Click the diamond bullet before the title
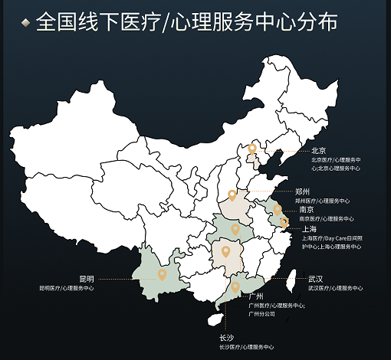click(26, 23)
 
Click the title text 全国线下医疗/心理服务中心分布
click(186, 22)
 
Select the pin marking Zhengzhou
click(232, 195)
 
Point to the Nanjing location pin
click(277, 210)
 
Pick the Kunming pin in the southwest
click(162, 274)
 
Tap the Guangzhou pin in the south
click(235, 287)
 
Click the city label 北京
click(318, 151)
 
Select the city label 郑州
click(302, 191)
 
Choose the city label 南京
click(306, 209)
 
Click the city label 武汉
click(315, 279)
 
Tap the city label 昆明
click(86, 279)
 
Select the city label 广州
click(256, 296)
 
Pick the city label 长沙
click(227, 338)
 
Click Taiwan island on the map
click(290, 282)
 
